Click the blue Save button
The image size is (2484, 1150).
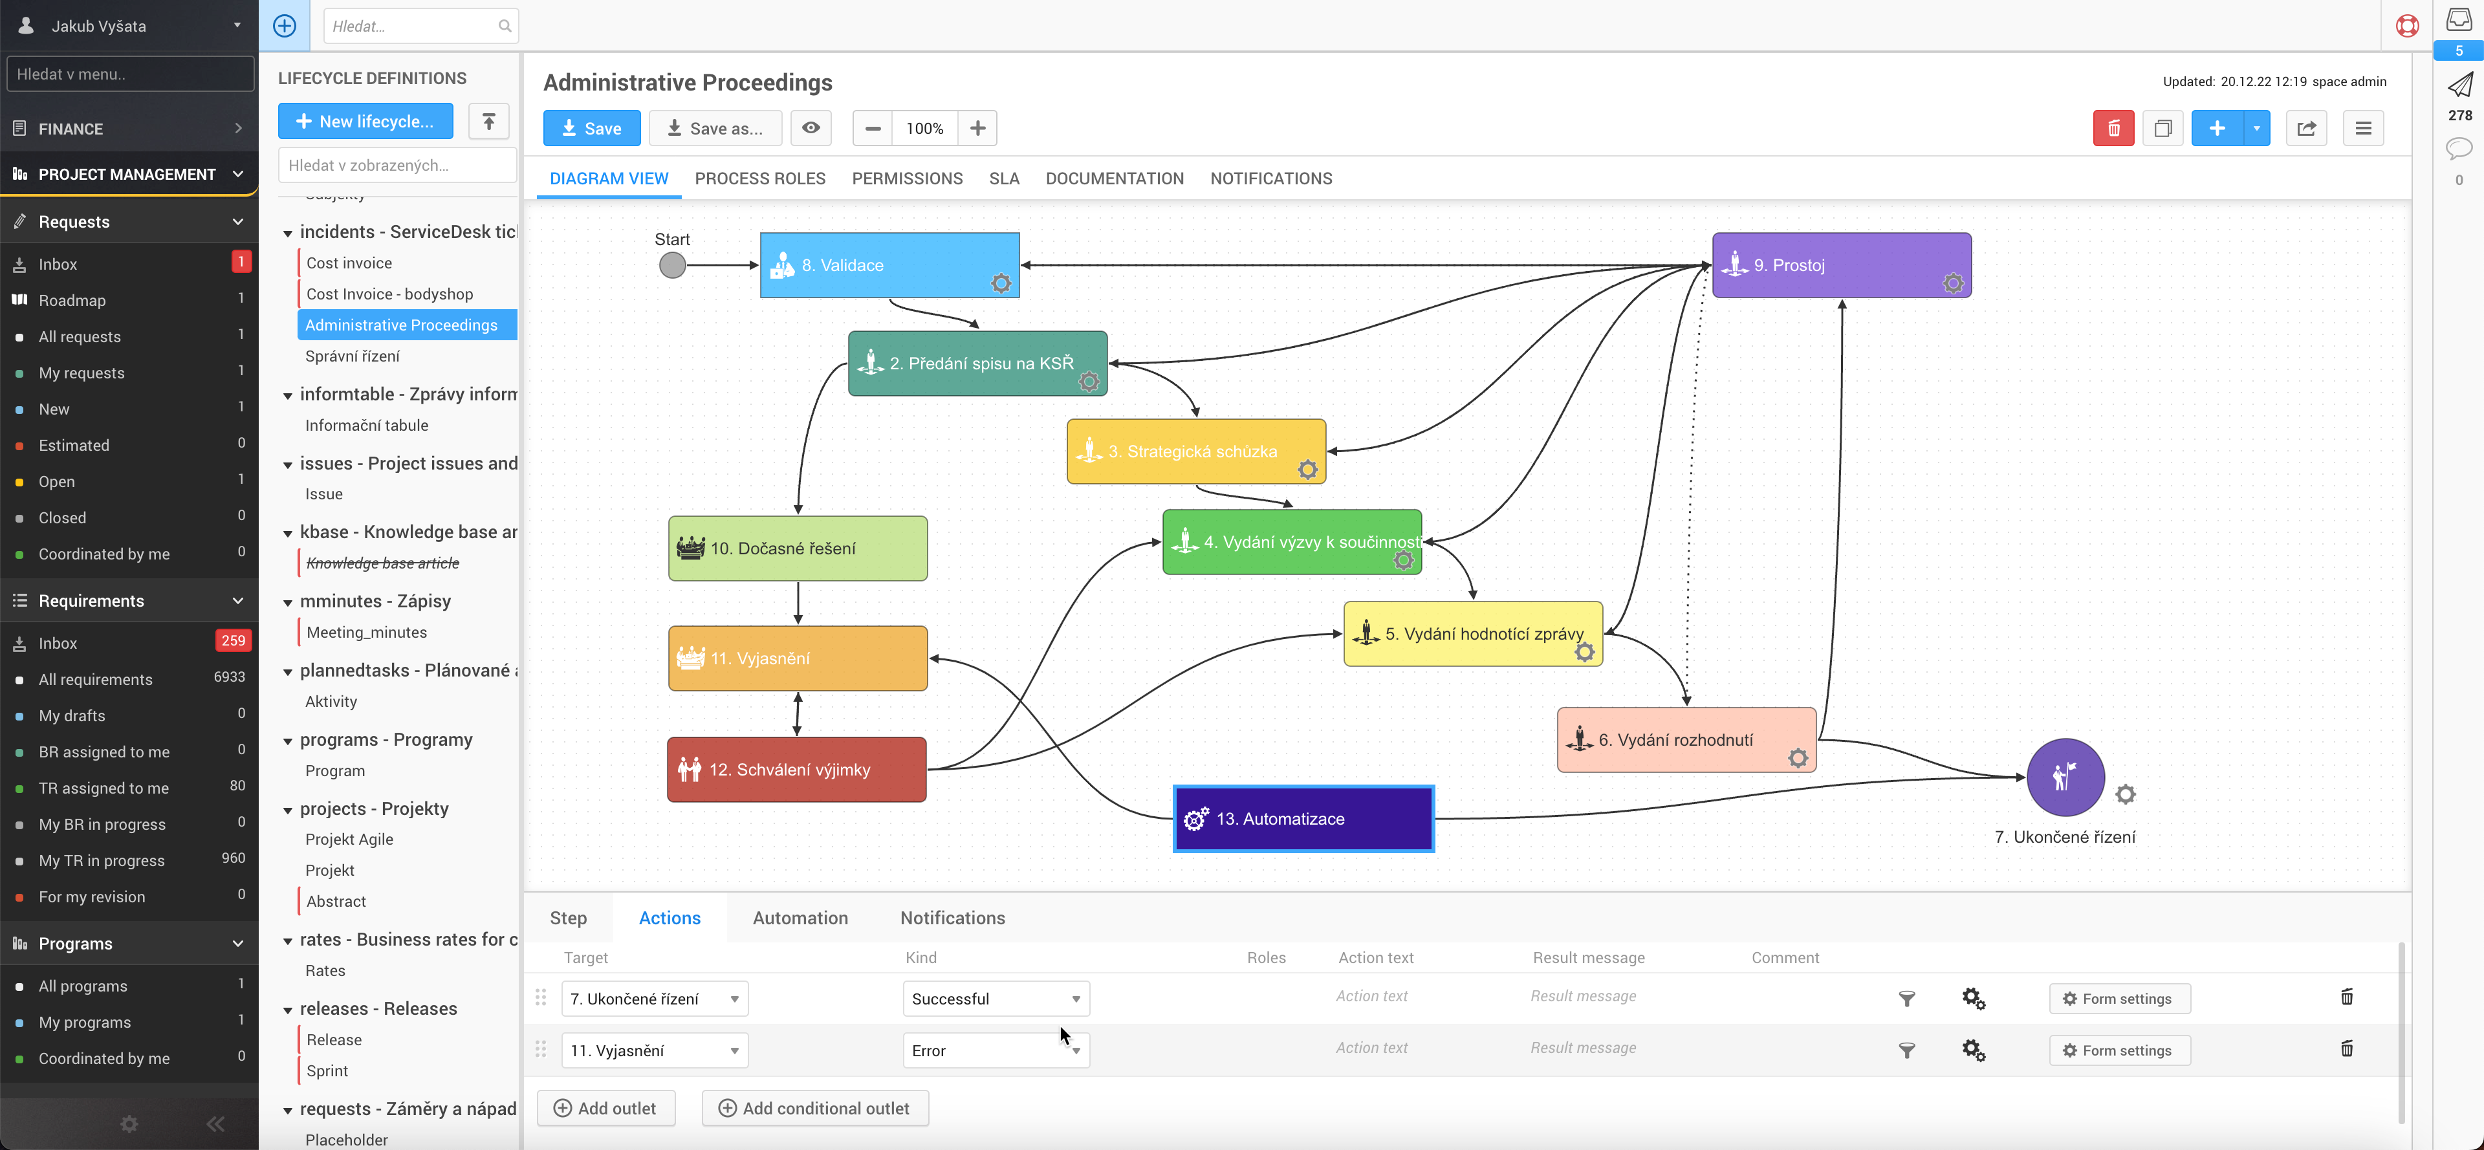click(x=591, y=128)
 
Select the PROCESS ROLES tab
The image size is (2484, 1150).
click(x=760, y=179)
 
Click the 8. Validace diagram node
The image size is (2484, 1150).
click(x=888, y=265)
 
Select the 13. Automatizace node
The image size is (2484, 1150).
click(x=1303, y=818)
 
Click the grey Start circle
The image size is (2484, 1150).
click(x=672, y=265)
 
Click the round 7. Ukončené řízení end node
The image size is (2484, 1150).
click(x=2065, y=777)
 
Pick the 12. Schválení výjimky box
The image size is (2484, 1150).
click(x=796, y=769)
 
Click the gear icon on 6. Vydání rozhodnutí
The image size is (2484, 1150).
click(x=1798, y=759)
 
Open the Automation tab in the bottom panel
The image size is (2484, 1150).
click(x=800, y=918)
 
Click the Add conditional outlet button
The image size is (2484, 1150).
click(x=815, y=1109)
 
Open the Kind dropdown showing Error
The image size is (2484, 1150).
click(x=995, y=1050)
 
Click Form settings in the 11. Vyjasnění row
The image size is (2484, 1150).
click(x=2119, y=1050)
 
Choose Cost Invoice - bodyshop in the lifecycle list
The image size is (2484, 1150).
click(x=389, y=294)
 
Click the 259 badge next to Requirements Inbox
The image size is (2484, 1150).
click(x=232, y=641)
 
